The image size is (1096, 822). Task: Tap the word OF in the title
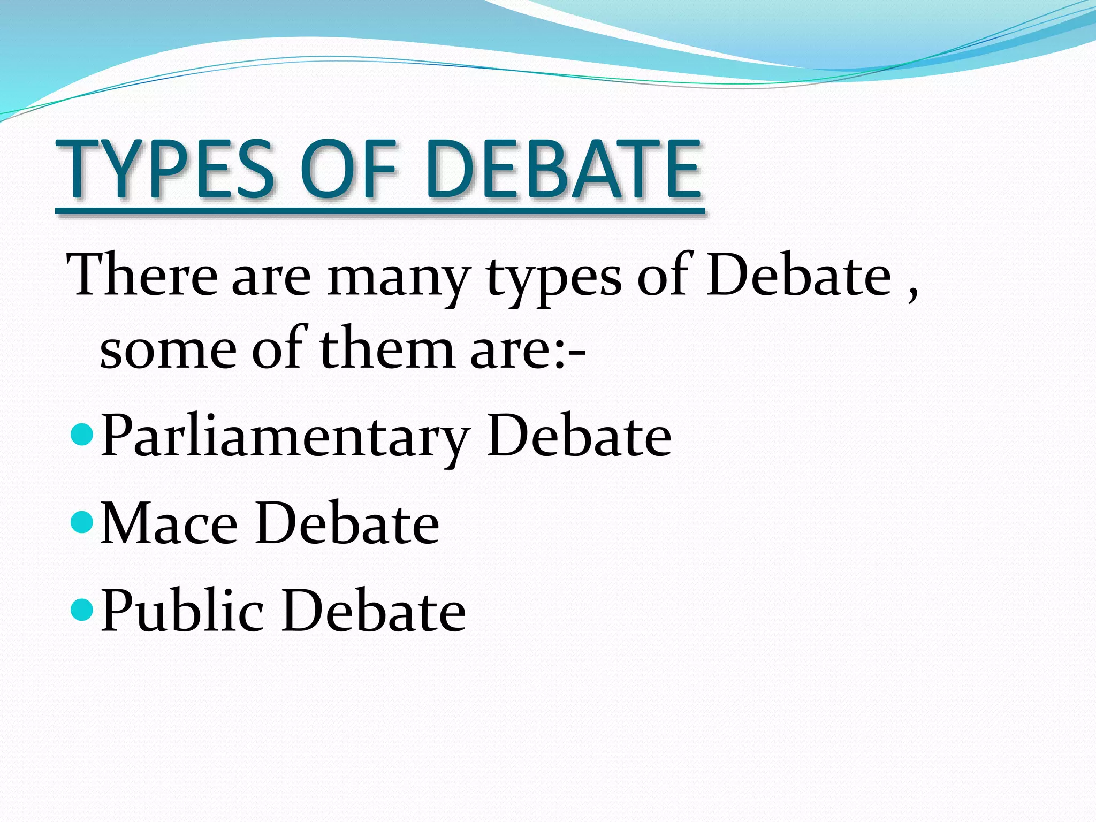coord(348,169)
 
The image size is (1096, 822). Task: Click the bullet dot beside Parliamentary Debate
coord(82,431)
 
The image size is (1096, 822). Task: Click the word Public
coord(182,611)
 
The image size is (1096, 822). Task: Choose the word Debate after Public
coord(374,611)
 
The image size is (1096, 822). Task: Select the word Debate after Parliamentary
coord(579,436)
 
